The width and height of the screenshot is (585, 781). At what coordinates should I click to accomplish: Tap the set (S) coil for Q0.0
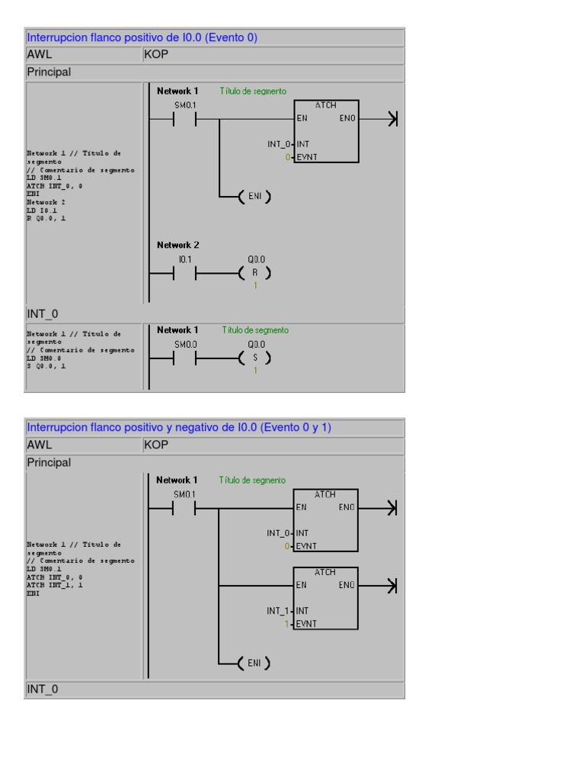click(x=254, y=358)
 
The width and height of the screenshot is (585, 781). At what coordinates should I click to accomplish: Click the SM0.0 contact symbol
click(x=184, y=358)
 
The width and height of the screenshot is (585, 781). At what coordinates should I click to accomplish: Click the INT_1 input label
click(x=277, y=611)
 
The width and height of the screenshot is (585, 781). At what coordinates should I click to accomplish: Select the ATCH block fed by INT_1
click(x=325, y=598)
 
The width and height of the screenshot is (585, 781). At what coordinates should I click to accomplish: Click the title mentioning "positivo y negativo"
click(x=179, y=428)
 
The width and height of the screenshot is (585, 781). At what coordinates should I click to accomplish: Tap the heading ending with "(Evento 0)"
click(x=142, y=37)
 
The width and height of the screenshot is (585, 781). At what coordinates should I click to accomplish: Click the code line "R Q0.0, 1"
click(x=46, y=218)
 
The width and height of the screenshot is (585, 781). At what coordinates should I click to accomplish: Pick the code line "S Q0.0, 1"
click(x=46, y=366)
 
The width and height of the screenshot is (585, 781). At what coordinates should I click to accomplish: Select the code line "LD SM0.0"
click(x=44, y=358)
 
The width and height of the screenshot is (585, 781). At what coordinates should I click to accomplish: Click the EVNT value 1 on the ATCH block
click(x=288, y=624)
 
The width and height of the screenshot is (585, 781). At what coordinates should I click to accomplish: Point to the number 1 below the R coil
click(x=255, y=286)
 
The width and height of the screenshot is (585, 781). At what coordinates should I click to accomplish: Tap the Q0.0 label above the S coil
click(x=255, y=345)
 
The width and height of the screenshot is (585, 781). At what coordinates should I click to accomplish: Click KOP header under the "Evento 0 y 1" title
click(x=155, y=445)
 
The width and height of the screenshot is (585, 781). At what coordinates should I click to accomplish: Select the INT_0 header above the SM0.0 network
click(x=43, y=314)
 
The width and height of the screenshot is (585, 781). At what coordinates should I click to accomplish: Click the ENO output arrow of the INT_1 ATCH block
click(x=391, y=586)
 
